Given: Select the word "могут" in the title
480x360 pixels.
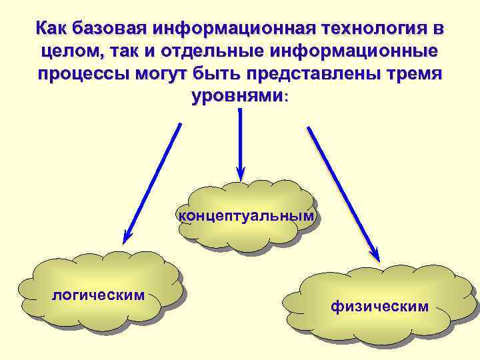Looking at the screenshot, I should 157,73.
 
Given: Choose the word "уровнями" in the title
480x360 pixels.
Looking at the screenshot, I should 237,95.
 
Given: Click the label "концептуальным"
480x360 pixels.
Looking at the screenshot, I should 245,215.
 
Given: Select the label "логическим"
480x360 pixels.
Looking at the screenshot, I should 99,294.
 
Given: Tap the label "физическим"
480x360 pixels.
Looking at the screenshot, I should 379,306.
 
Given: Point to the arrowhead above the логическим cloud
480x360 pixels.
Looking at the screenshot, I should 127,235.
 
